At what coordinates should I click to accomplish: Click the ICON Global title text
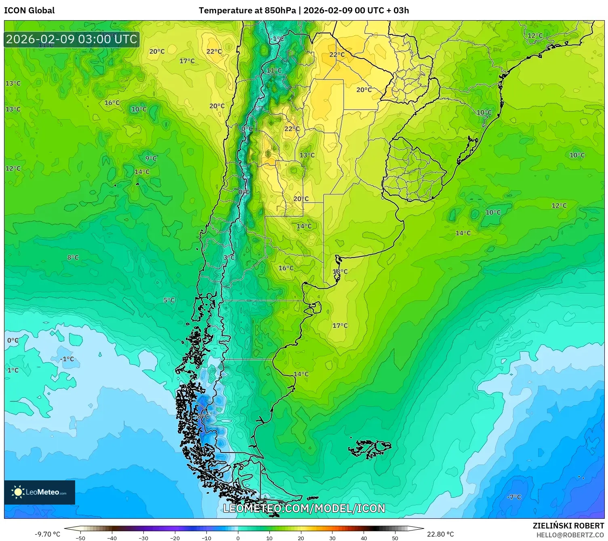click(29, 11)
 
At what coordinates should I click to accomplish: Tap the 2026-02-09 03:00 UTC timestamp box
click(72, 39)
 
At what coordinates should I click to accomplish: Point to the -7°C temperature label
click(514, 497)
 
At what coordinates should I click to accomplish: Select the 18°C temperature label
click(340, 272)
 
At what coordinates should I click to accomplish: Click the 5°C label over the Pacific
click(169, 300)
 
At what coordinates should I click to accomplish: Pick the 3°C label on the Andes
click(229, 257)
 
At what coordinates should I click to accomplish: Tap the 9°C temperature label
click(151, 158)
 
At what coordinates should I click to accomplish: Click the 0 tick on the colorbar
click(238, 538)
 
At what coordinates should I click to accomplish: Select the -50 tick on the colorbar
click(80, 538)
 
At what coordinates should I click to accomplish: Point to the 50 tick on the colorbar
click(395, 538)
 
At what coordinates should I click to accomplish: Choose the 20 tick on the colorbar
click(301, 538)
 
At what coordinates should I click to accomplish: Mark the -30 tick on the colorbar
click(143, 538)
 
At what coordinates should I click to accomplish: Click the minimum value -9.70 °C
click(47, 534)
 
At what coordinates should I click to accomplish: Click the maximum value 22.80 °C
click(440, 534)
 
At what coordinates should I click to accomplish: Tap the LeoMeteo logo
click(40, 492)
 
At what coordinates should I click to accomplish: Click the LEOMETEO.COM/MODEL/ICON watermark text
click(304, 508)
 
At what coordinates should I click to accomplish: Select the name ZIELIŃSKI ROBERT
click(568, 526)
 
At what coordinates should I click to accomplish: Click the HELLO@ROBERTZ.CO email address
click(570, 535)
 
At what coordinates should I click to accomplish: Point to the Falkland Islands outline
click(370, 448)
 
